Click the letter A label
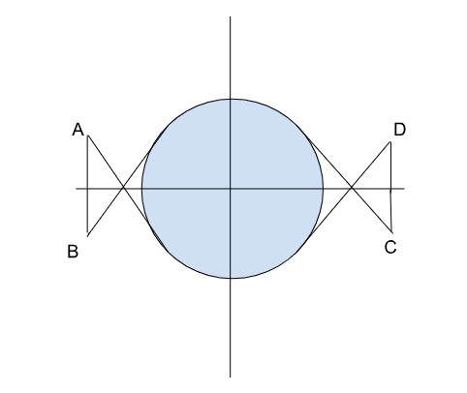(x=78, y=130)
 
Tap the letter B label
(x=73, y=252)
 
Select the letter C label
(x=390, y=248)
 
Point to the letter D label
(x=399, y=130)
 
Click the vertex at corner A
(x=88, y=136)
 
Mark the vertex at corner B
(x=87, y=236)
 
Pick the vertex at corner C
(x=391, y=232)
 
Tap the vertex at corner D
(x=390, y=142)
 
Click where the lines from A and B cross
(x=123, y=188)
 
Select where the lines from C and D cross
(x=352, y=188)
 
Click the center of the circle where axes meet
(x=231, y=188)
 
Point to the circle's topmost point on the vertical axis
(x=231, y=99)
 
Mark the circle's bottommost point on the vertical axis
(x=231, y=278)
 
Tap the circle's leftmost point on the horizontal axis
(x=141, y=188)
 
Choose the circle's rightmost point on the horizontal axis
(x=324, y=188)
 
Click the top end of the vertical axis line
(x=231, y=16)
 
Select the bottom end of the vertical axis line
(x=231, y=377)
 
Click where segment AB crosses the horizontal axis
(x=87, y=188)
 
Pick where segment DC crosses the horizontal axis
(x=390, y=188)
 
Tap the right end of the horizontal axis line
(x=404, y=188)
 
